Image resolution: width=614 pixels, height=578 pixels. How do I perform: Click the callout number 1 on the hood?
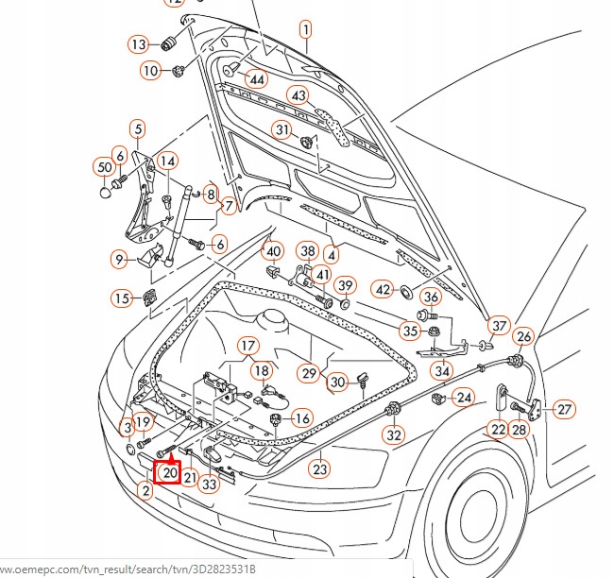coord(306,29)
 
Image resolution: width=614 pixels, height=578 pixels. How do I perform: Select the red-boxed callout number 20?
coord(169,472)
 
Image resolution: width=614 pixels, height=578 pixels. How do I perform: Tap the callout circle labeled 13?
coord(138,44)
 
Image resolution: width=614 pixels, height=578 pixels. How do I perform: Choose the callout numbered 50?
coord(103,167)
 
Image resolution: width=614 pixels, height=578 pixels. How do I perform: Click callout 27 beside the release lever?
coord(564,409)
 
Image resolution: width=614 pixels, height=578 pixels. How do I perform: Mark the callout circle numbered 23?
coord(320,467)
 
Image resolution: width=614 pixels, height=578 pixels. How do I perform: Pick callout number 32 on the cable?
coord(394,435)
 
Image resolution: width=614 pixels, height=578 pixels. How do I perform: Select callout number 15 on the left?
coord(122,298)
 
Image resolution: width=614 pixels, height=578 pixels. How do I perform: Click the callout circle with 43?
coord(298,96)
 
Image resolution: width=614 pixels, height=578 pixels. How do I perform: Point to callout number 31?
coord(282,129)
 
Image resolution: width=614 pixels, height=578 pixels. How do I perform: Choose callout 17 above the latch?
coord(247,346)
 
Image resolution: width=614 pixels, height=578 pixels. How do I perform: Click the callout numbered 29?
coord(310,374)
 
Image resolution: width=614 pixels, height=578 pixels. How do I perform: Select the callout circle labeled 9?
coord(119,259)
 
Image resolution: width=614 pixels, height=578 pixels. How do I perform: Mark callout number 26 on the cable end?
coord(523,336)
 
